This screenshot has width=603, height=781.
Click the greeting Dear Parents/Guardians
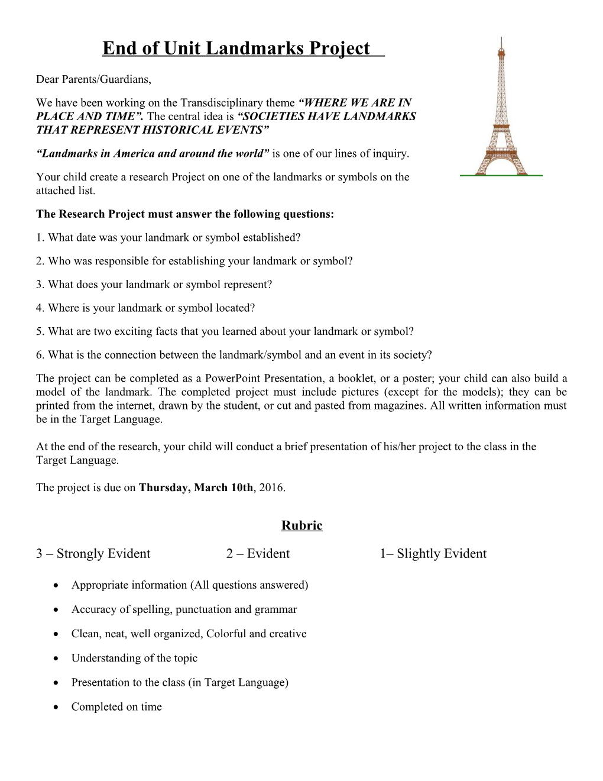[x=93, y=79]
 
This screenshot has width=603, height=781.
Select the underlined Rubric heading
[x=301, y=525]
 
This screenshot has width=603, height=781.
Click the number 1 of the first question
[x=39, y=237]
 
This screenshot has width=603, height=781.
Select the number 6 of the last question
[x=39, y=355]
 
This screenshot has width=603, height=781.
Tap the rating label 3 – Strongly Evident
[x=93, y=554]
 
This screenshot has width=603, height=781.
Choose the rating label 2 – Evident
[x=258, y=554]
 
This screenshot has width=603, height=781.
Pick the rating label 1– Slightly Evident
[x=433, y=554]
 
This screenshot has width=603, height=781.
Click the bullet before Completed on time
[x=55, y=707]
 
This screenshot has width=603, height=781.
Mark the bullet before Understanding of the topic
[x=55, y=659]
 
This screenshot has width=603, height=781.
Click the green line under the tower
[x=501, y=176]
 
